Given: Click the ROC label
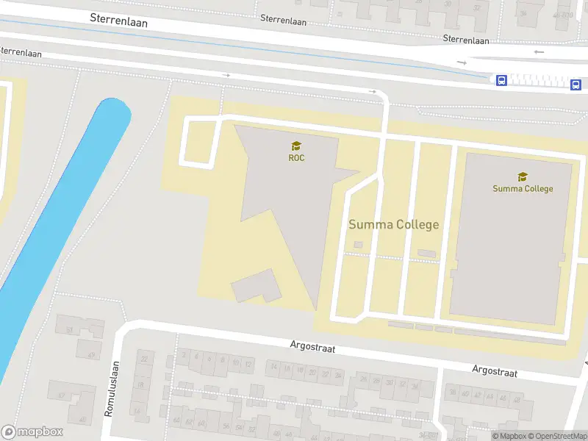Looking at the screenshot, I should coord(296,157).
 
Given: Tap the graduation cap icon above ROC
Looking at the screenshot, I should coord(296,146).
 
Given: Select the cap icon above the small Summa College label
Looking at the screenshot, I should coord(523,176).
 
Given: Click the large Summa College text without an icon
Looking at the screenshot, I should coord(393,225).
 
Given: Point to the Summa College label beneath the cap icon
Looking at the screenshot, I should coord(523,188).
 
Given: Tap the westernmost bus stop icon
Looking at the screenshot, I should coord(501,80).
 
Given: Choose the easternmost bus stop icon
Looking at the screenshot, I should coord(576,85).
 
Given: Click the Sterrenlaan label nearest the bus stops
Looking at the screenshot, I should coord(466,40).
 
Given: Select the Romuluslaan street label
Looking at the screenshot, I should coord(111,389).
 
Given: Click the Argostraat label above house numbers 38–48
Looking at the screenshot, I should coord(495,372).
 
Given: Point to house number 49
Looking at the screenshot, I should coord(91,355).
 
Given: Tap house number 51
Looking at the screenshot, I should coord(70,331).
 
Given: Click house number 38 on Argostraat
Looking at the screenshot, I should coord(453,394).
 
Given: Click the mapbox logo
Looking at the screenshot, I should coord(32,432).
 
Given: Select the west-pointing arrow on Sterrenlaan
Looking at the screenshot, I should coord(539,51).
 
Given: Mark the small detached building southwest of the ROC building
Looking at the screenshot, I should coord(256,286).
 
